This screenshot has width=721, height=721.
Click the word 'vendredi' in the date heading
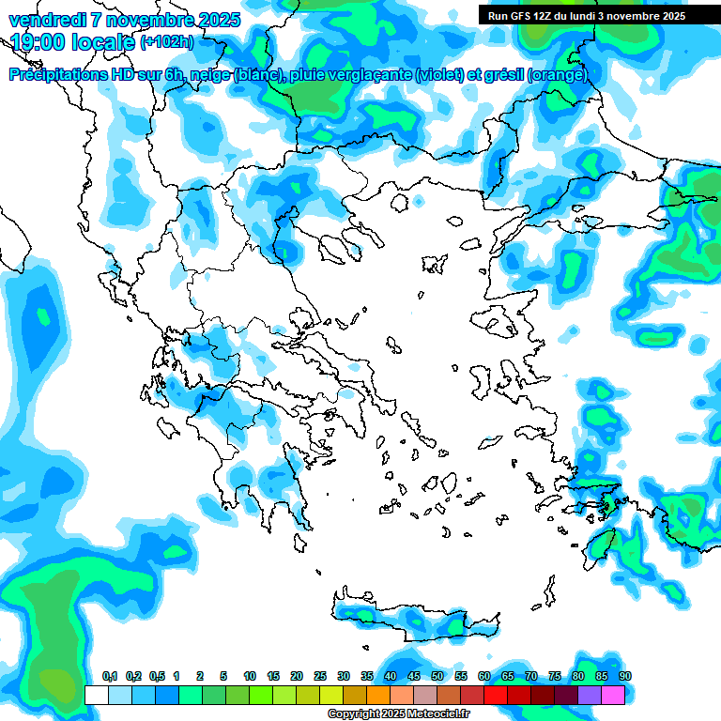click(45, 20)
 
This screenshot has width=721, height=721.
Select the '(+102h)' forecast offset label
click(166, 42)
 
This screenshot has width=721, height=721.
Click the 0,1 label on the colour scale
click(110, 677)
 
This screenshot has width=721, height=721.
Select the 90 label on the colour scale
click(625, 677)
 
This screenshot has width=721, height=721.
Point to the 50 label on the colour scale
click(437, 677)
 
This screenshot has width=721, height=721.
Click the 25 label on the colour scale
click(320, 677)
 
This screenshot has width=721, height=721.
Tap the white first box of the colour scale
click(96, 696)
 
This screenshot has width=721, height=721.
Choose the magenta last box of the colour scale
click(613, 696)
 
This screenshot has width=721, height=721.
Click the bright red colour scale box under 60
click(496, 696)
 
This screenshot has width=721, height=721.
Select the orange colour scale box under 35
click(378, 696)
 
